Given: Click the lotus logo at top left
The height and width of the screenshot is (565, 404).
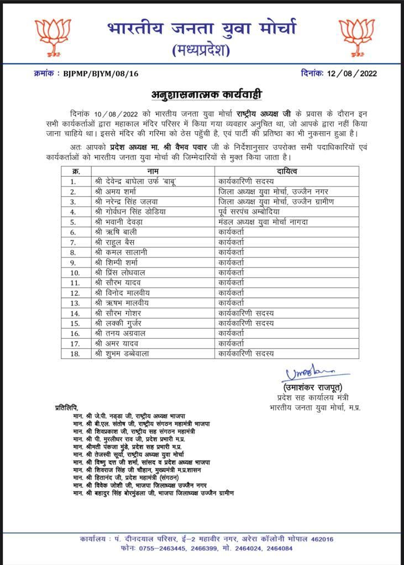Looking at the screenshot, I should click(x=53, y=37).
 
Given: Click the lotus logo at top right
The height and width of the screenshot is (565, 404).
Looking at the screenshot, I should click(x=356, y=37).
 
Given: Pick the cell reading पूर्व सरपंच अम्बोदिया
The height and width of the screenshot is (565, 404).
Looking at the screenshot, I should click(x=255, y=211).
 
